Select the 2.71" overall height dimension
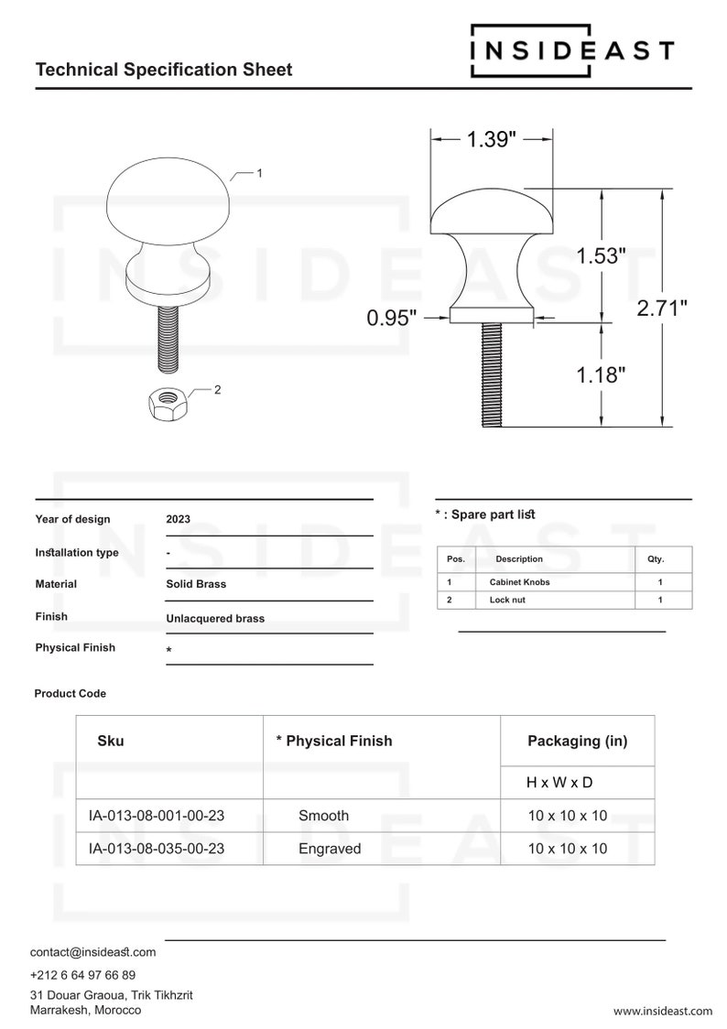[662, 309]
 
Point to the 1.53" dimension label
[601, 256]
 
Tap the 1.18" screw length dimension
[601, 374]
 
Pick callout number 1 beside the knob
[260, 172]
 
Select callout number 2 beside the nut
[217, 390]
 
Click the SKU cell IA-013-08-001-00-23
[157, 816]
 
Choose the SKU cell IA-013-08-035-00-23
[157, 849]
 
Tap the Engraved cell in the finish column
[330, 849]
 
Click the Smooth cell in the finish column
[323, 816]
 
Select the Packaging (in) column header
[577, 742]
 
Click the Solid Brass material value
[196, 584]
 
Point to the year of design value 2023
[179, 519]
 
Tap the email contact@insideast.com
[92, 952]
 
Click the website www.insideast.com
[662, 1011]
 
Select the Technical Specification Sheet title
[164, 70]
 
